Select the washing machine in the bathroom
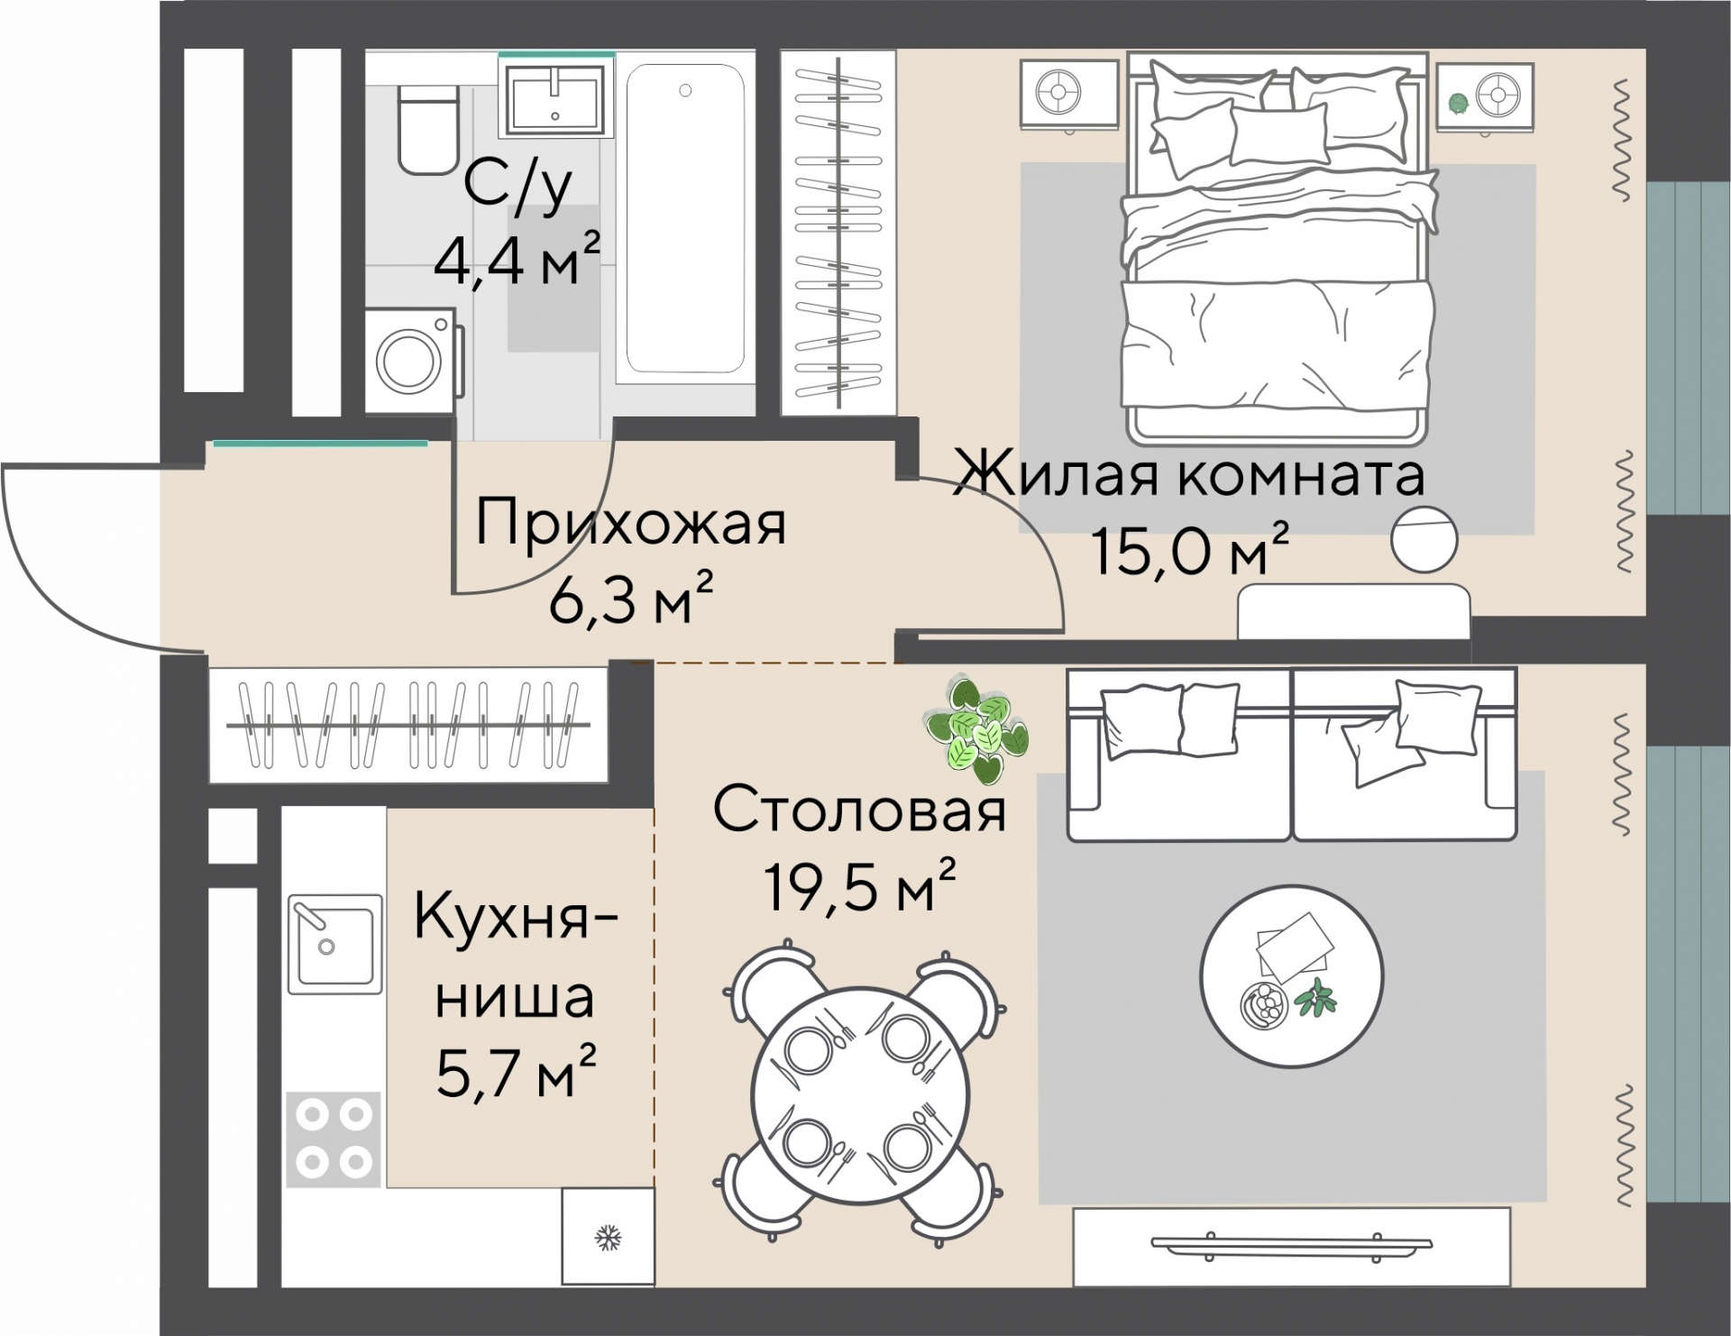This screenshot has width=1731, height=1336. click(414, 360)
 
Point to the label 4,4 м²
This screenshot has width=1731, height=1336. click(517, 258)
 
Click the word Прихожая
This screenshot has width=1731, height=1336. click(630, 524)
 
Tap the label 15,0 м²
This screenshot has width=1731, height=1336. click(1190, 549)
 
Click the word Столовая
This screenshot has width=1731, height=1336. click(859, 810)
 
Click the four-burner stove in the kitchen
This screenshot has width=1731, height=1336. click(334, 1139)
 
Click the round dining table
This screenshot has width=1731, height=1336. click(861, 1093)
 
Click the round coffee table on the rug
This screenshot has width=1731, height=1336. click(1291, 976)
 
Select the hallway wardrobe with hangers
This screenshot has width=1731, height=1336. click(408, 725)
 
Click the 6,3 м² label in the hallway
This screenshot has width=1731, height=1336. click(631, 599)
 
